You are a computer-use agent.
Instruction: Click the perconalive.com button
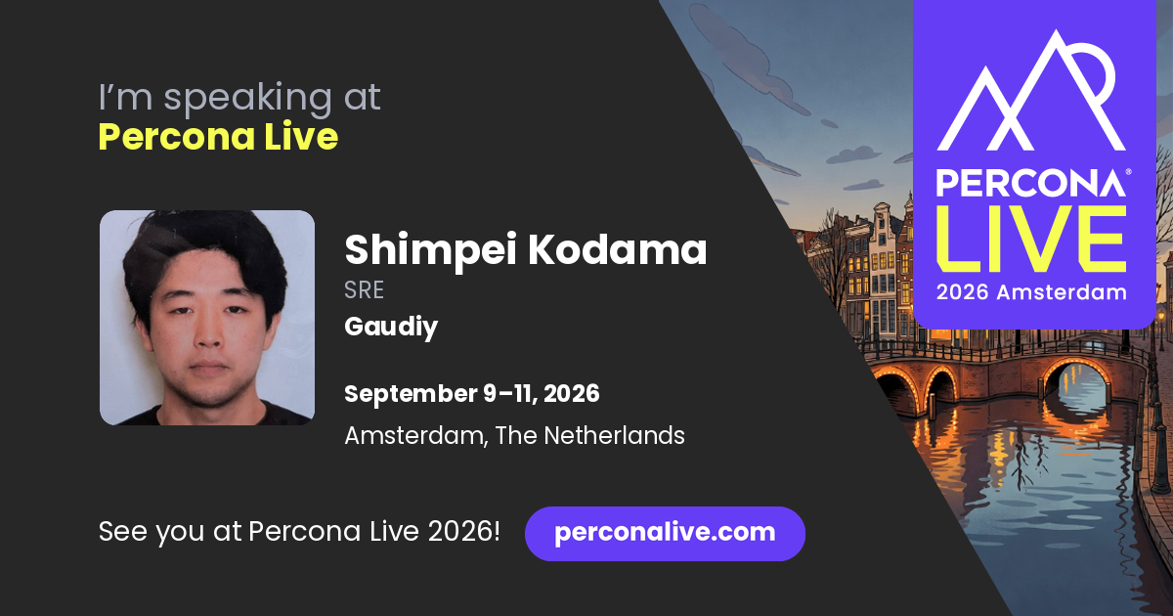tap(665, 533)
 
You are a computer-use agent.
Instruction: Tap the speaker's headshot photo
tap(207, 318)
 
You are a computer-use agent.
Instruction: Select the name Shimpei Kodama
tap(525, 251)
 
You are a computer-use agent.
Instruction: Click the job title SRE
tap(364, 290)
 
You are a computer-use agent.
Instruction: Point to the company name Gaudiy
tap(391, 327)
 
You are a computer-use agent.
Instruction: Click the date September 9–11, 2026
tap(472, 394)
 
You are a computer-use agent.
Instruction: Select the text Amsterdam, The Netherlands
tap(514, 436)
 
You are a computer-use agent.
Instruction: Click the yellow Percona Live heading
tap(218, 137)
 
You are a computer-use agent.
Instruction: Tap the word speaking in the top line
tap(247, 99)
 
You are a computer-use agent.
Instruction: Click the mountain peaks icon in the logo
tap(1030, 90)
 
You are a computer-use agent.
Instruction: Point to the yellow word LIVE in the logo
tap(1031, 239)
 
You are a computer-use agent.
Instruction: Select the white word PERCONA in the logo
tap(1030, 183)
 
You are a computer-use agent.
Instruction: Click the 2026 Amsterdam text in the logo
tap(1031, 292)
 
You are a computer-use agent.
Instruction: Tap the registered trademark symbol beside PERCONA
tap(1128, 172)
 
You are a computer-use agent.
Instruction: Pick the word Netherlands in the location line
tap(614, 436)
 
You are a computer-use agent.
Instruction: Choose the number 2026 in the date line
tap(571, 394)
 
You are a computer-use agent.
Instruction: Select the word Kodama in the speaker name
tap(618, 250)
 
